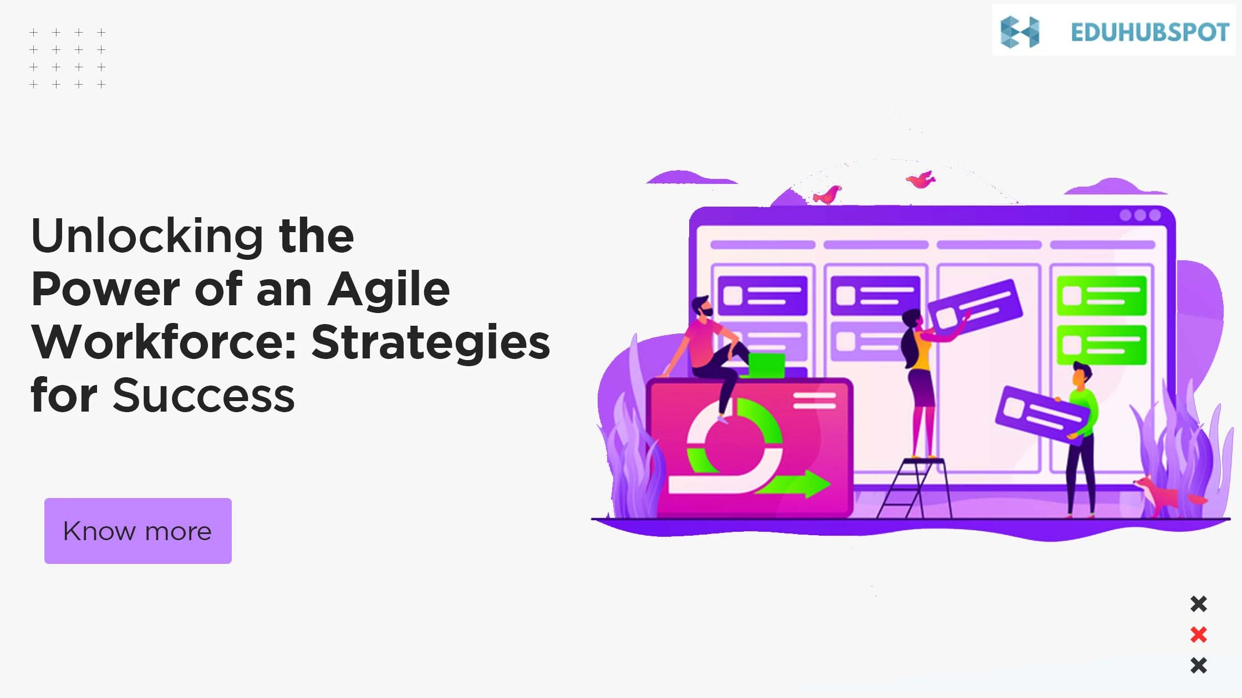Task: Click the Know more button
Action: click(x=138, y=531)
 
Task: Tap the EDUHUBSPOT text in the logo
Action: click(x=1150, y=32)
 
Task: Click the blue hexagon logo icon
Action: click(x=1020, y=32)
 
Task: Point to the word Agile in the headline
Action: click(x=389, y=289)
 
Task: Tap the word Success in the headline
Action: click(x=203, y=396)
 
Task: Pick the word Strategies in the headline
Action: click(x=430, y=342)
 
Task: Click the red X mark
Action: click(x=1198, y=634)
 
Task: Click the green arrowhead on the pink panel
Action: click(x=816, y=484)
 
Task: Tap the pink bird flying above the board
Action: click(x=920, y=179)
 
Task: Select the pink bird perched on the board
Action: click(x=827, y=195)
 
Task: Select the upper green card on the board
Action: click(x=1101, y=295)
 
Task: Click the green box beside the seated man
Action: click(x=766, y=366)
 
